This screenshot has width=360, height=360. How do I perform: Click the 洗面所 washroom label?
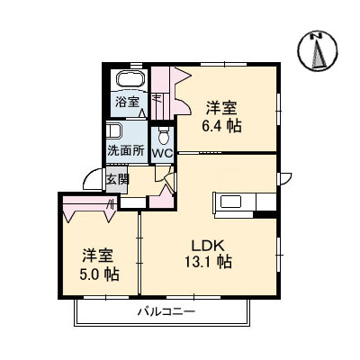[125, 149]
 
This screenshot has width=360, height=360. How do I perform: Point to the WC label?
[162, 153]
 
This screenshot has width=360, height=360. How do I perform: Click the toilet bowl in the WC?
[163, 136]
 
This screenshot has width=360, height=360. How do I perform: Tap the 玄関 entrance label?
[118, 178]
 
